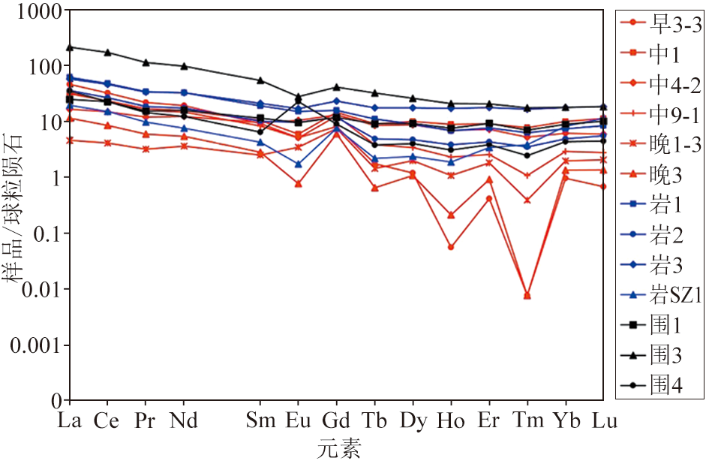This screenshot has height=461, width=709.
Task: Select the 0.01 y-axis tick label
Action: coord(38,289)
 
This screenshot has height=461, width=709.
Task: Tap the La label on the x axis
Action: coord(71,421)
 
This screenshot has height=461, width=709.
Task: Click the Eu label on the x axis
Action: coord(299,421)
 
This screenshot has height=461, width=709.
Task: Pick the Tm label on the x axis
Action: coord(527,421)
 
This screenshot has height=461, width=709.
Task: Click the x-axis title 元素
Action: coord(338,449)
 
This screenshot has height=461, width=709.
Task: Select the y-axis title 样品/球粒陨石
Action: coord(17,206)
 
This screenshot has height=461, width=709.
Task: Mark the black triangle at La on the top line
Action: coord(70,47)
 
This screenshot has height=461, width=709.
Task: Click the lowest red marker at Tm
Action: coord(527,295)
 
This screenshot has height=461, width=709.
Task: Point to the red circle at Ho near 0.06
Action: coord(451,246)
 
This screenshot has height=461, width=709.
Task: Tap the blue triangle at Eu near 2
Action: coord(299,164)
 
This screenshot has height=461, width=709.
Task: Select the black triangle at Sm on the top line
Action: coord(260,80)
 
